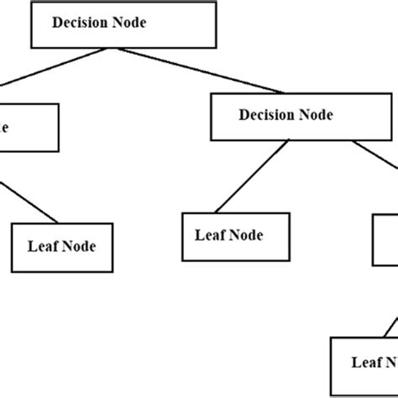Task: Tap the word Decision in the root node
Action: [81, 24]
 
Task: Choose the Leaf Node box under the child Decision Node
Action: [236, 236]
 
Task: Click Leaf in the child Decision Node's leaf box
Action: [210, 236]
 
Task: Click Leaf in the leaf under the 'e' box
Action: [43, 247]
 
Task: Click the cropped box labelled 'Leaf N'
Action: [364, 362]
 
